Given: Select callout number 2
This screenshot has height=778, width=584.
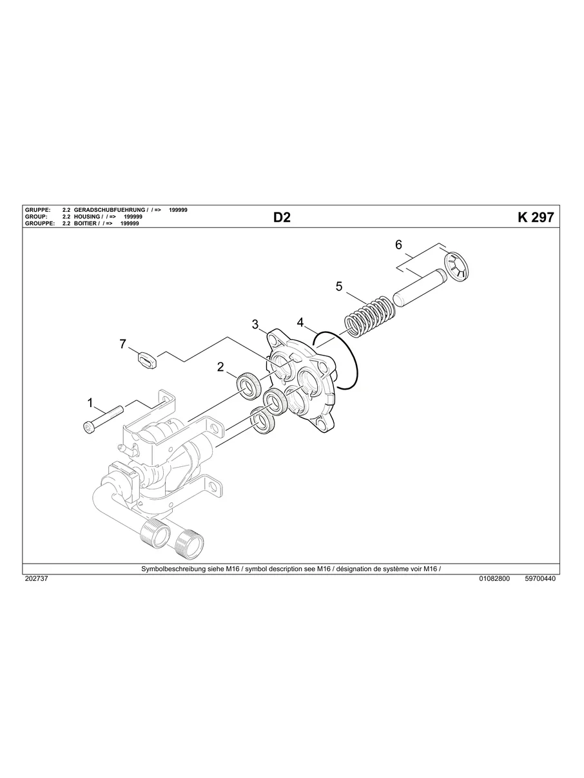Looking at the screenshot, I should point(220,366).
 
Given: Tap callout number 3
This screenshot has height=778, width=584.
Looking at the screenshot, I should point(255,324).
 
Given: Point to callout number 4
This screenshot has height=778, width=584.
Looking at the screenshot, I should point(300,321).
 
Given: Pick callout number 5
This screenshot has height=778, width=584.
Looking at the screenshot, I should point(339,287).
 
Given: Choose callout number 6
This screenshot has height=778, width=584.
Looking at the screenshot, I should point(398,245).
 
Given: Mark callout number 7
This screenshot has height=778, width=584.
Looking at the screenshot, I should point(122,344).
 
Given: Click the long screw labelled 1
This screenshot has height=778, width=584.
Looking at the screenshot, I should point(103,419).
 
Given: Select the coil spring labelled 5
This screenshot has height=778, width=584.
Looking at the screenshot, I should point(366,316).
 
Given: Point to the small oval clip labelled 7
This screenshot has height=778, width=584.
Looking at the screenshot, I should point(147,359).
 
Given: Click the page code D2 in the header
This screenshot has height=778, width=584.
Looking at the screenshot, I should point(282,218).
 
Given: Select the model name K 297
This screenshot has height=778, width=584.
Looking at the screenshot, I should point(535,218).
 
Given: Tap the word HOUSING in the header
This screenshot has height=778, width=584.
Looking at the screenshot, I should point(87,217).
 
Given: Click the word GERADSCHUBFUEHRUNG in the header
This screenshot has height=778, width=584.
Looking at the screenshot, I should point(110,211).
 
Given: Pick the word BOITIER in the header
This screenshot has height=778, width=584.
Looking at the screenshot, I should point(86,223).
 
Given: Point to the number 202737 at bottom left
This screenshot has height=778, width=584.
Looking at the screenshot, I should point(36,578).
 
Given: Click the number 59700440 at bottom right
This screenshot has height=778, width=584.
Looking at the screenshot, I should point(540,578).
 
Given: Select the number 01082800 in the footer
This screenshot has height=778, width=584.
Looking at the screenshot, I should point(494,578).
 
